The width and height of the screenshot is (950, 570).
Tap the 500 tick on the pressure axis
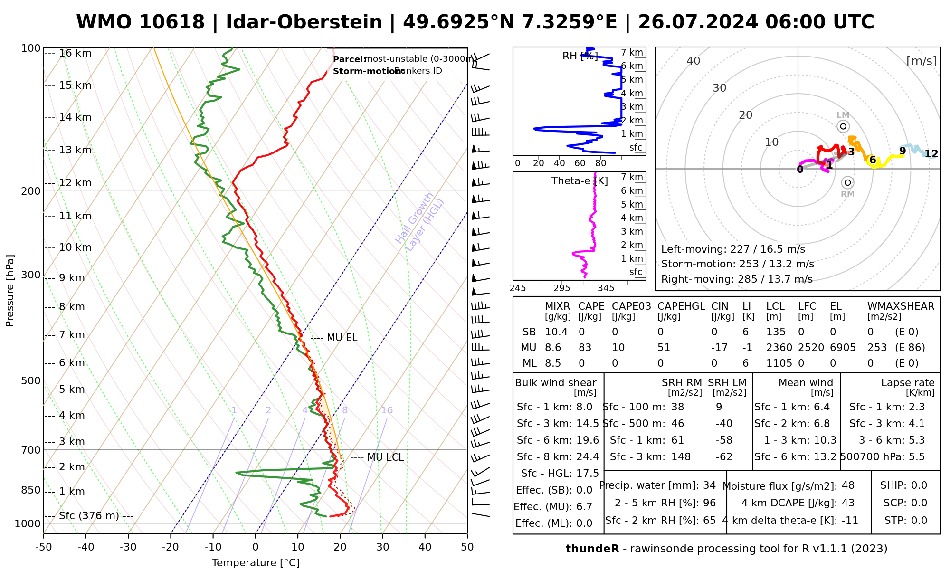click(x=31, y=380)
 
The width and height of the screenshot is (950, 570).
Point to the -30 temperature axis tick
click(x=128, y=547)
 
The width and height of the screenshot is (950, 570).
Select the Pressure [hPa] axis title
click(x=10, y=291)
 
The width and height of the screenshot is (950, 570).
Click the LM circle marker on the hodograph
click(x=843, y=126)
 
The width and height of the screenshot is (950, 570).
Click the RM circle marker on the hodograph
click(x=847, y=182)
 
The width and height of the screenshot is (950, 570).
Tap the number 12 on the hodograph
click(x=931, y=153)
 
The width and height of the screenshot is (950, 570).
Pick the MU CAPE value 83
click(x=585, y=348)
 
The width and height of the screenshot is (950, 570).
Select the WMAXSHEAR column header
click(x=901, y=306)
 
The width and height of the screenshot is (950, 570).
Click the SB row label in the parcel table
click(x=529, y=332)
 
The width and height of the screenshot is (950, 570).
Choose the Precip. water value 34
click(x=709, y=485)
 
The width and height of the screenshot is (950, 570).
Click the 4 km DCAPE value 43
click(x=848, y=503)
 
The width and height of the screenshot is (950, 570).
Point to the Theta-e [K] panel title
click(x=579, y=181)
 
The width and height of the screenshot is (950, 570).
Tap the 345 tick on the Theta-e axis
click(x=606, y=288)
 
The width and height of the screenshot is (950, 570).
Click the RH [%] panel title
click(x=579, y=56)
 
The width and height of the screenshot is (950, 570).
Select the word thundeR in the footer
click(x=592, y=549)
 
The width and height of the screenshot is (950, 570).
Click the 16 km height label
click(x=75, y=53)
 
